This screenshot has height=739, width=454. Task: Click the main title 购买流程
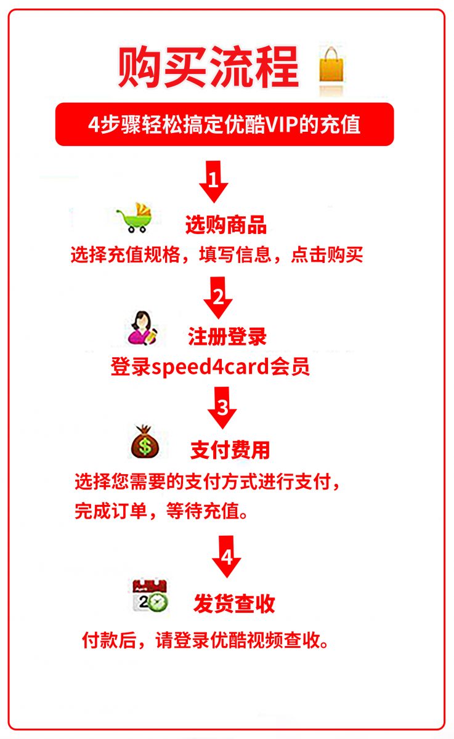209,67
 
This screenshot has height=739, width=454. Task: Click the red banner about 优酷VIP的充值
224,124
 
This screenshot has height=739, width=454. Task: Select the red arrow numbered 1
214,182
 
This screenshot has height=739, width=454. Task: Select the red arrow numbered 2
218,297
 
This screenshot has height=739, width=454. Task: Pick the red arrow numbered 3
222,408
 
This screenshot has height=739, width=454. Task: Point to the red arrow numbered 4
227,557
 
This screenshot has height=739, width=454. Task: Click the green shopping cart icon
136,218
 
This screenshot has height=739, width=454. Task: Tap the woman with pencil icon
142,328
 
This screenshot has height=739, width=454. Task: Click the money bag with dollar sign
145,442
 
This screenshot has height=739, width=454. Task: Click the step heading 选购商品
226,225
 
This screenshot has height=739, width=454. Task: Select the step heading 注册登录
227,336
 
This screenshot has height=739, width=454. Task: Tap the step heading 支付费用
230,450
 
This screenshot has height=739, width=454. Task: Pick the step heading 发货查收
234,604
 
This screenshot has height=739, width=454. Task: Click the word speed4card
211,367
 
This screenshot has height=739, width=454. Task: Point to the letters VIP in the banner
282,124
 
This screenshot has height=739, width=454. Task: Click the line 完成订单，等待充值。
161,511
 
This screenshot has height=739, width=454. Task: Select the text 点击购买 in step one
326,254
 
